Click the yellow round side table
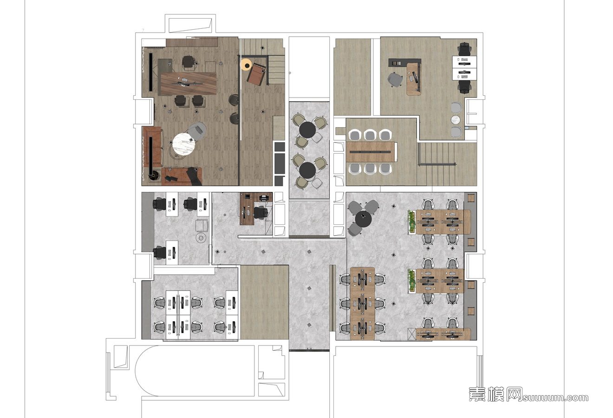point(246,65)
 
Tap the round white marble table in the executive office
point(183,144)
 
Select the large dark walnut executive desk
point(188,84)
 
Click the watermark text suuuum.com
point(555,398)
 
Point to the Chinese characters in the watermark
point(496,394)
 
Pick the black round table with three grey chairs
point(364,219)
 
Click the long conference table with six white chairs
point(371,152)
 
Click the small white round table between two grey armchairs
point(456,119)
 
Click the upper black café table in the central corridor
point(307,130)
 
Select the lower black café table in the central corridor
point(307,170)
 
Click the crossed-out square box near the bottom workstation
point(411,333)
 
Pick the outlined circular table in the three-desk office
point(201,237)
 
